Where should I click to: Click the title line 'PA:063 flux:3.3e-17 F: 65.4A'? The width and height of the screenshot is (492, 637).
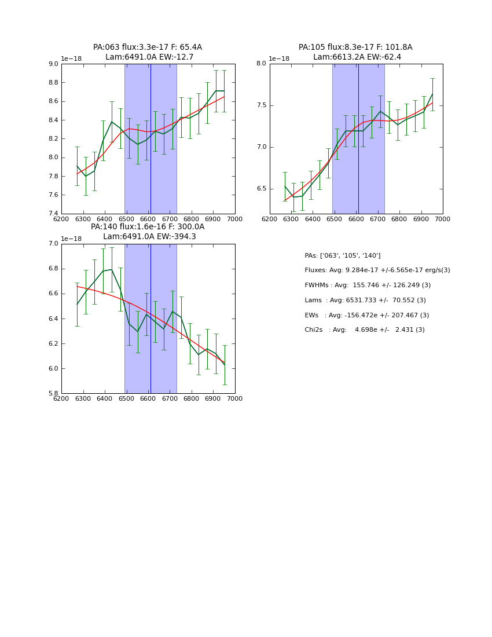click(148, 47)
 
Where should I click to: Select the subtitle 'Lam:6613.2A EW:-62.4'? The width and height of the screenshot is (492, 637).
click(357, 57)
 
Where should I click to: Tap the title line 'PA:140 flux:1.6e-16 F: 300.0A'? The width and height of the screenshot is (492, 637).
click(148, 227)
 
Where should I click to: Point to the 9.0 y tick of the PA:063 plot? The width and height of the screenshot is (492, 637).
click(53, 64)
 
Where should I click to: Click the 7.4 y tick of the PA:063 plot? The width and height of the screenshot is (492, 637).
click(53, 214)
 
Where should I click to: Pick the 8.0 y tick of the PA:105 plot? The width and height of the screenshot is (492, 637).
click(261, 64)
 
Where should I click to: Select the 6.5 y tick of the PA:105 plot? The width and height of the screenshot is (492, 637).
click(261, 189)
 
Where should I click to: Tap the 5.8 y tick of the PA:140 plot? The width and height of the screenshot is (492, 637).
click(53, 394)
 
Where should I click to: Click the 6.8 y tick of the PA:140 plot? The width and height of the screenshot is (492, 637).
click(53, 269)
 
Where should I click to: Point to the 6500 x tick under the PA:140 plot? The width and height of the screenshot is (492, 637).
click(126, 398)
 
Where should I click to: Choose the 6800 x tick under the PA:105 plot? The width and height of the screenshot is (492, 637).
click(399, 219)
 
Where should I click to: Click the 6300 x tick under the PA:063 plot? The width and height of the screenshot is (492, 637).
click(83, 219)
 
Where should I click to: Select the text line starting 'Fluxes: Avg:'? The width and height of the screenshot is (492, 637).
click(377, 270)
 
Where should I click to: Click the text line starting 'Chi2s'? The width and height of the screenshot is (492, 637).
click(365, 330)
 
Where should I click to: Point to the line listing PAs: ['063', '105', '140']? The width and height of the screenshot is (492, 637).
click(343, 256)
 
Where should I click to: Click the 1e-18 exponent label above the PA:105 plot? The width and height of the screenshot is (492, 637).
click(278, 59)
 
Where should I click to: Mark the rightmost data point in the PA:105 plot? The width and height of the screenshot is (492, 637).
click(432, 94)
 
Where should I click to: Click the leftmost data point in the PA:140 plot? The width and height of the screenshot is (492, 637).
click(77, 304)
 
